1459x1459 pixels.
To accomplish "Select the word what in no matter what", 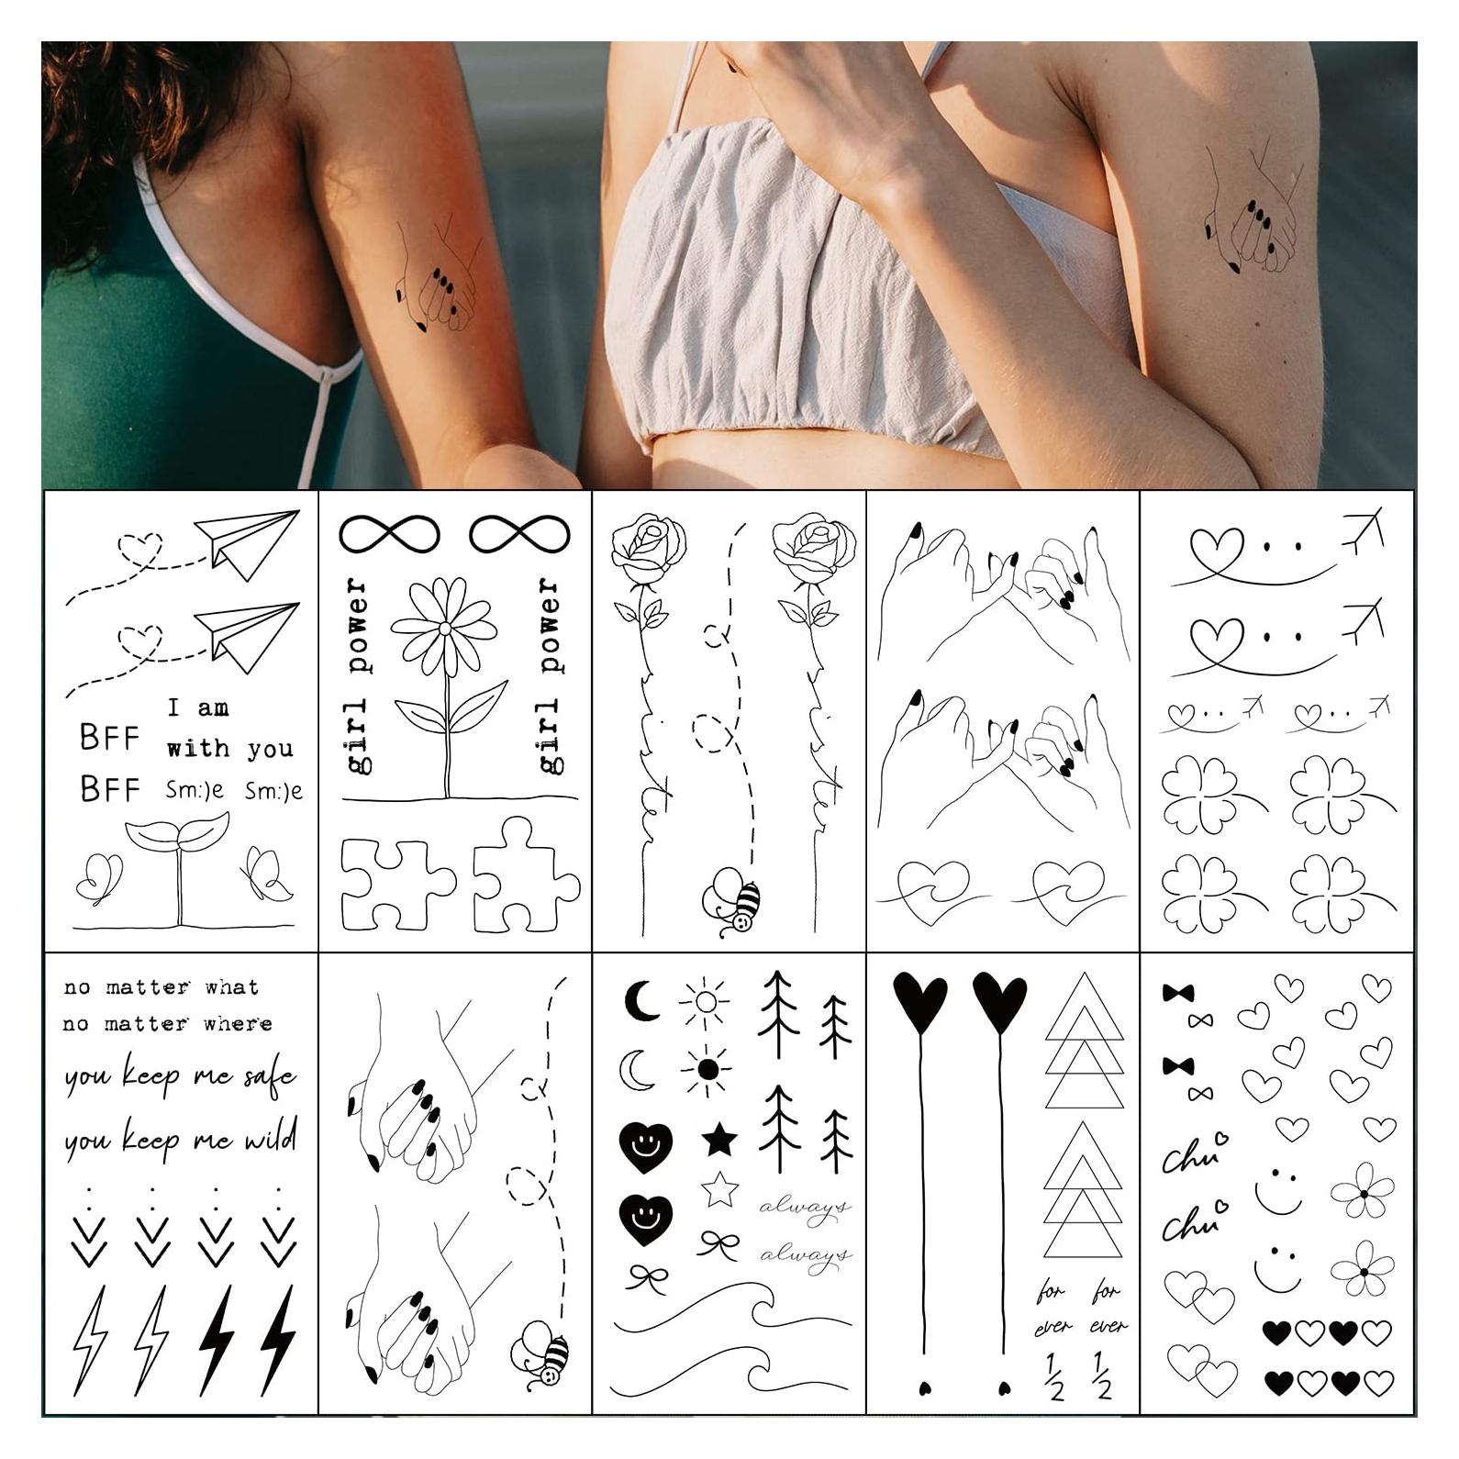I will (232, 987).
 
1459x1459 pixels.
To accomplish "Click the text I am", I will (198, 707).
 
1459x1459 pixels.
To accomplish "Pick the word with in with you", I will (198, 748).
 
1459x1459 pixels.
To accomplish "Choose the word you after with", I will (270, 750).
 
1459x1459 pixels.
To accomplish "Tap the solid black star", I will (719, 1141).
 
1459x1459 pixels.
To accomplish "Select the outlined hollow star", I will (720, 1189).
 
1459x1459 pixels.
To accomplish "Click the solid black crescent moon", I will (640, 1000).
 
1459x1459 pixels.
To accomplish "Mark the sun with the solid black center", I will (707, 1069).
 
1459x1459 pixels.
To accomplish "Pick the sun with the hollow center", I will (706, 1001).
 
